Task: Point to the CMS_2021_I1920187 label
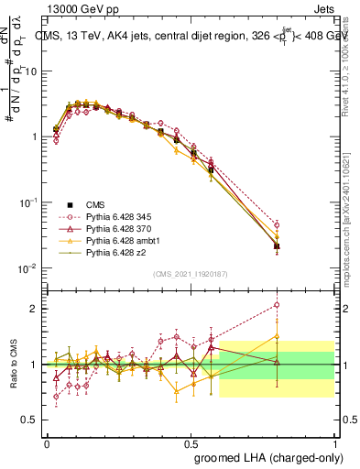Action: (191, 273)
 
